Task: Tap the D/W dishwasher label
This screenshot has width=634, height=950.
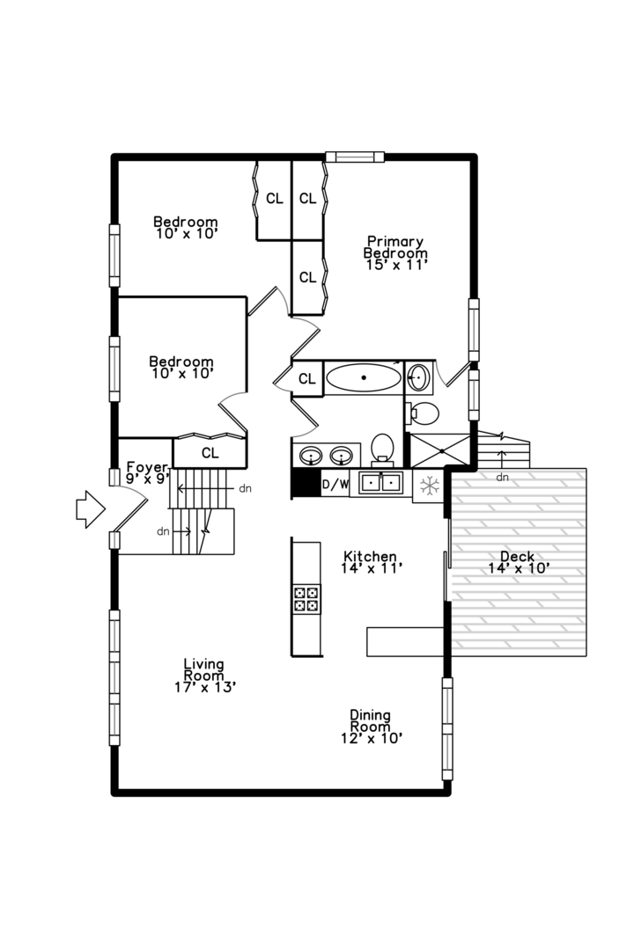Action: click(x=335, y=484)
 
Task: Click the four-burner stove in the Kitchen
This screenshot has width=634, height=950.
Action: click(x=306, y=598)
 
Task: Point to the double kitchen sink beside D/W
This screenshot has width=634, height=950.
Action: click(x=379, y=482)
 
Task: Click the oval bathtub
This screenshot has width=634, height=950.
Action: click(x=363, y=378)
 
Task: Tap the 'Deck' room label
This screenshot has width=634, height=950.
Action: click(x=517, y=556)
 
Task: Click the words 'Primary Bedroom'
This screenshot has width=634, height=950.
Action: click(x=396, y=247)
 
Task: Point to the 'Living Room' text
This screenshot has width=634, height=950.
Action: click(x=204, y=669)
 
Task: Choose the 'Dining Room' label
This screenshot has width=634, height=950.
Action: click(x=371, y=721)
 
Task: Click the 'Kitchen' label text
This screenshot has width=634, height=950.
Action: click(x=370, y=557)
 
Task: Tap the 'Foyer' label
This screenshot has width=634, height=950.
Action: click(x=146, y=467)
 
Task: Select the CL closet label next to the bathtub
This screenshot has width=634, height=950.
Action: click(x=307, y=379)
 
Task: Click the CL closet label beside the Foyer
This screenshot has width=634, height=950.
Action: click(x=210, y=453)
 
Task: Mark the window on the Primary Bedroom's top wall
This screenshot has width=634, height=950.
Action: click(x=355, y=157)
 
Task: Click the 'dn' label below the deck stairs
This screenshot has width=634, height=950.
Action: click(x=502, y=478)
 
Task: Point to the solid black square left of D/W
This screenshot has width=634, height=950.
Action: click(x=305, y=484)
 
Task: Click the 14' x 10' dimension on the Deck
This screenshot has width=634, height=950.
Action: click(x=520, y=568)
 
